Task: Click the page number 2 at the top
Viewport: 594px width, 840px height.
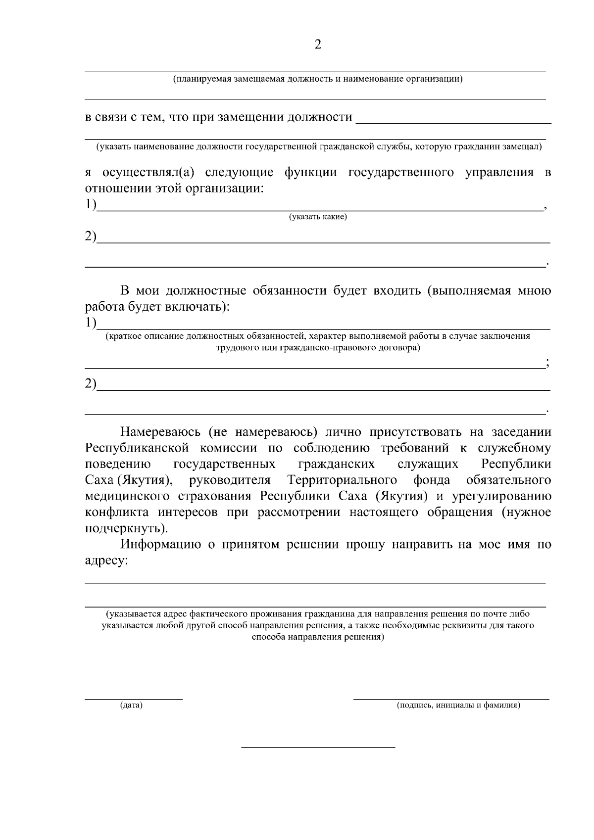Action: pyautogui.click(x=318, y=45)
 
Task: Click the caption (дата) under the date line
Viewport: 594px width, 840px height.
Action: pyautogui.click(x=131, y=705)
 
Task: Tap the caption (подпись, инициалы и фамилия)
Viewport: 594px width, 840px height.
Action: pyautogui.click(x=458, y=705)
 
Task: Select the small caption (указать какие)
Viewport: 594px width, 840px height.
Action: pyautogui.click(x=318, y=217)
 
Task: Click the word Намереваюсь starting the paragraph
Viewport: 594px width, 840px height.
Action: pyautogui.click(x=159, y=432)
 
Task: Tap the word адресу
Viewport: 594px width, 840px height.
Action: pyautogui.click(x=105, y=561)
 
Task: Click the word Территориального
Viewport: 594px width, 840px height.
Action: pyautogui.click(x=342, y=480)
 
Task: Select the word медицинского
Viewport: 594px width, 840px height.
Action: pyautogui.click(x=132, y=496)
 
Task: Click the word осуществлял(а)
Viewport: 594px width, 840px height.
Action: pyautogui.click(x=148, y=172)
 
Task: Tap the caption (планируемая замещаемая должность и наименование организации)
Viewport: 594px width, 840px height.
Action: pyautogui.click(x=317, y=79)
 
